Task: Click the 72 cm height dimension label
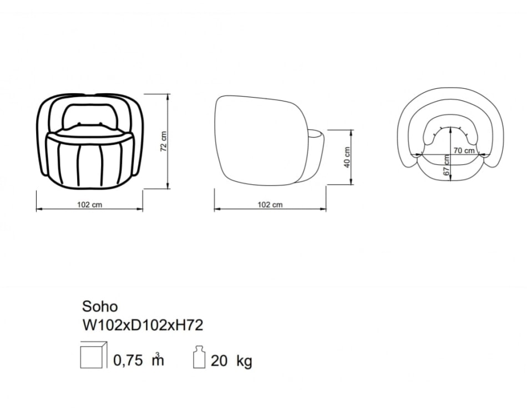164,141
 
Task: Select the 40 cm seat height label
347,157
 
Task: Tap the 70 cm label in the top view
464,150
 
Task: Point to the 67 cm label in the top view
447,165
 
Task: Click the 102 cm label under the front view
90,205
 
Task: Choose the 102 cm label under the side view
270,205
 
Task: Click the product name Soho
100,307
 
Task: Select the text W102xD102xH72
143,325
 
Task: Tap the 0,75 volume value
128,361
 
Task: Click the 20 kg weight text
231,361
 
